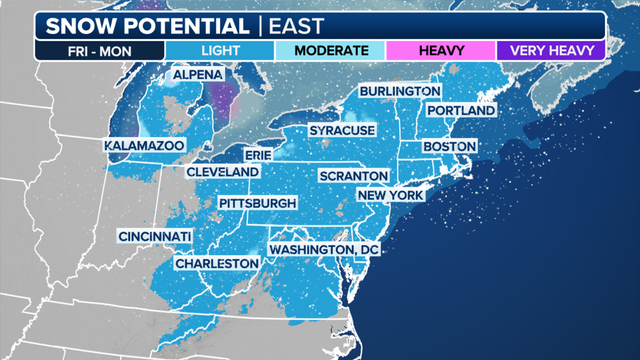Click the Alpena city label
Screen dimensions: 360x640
[x=197, y=75]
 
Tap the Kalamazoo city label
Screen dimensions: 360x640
[x=144, y=146]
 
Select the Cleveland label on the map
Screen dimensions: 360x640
[x=222, y=172]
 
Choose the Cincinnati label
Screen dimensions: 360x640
[x=155, y=236]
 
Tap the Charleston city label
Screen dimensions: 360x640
[x=216, y=263]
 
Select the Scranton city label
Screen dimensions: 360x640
[x=346, y=176]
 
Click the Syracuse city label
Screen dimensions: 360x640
[x=341, y=131]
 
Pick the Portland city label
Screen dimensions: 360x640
[x=460, y=110]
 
